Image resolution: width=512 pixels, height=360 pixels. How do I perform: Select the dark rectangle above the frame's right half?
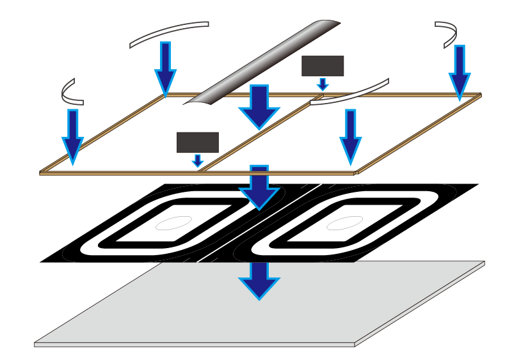323,66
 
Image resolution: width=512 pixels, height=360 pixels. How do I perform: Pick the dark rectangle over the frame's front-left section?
198,142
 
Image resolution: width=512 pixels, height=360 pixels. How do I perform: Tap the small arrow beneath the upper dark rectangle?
323,84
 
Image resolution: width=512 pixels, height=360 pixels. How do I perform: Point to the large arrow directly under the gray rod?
259,106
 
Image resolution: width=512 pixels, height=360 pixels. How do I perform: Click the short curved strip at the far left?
69,93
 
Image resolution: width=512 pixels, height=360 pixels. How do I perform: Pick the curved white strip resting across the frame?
351,91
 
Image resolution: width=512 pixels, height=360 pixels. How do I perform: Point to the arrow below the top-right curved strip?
459,72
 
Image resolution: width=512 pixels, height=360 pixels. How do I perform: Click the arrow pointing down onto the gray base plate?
259,280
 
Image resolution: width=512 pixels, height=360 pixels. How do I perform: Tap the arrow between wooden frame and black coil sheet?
259,187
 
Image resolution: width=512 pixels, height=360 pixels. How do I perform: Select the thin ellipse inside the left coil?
174,223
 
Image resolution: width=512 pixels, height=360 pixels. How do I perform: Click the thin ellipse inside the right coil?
341,222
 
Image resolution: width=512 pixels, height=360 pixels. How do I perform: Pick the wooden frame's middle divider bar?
256,134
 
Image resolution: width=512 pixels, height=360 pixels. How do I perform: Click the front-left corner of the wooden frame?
42,172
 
